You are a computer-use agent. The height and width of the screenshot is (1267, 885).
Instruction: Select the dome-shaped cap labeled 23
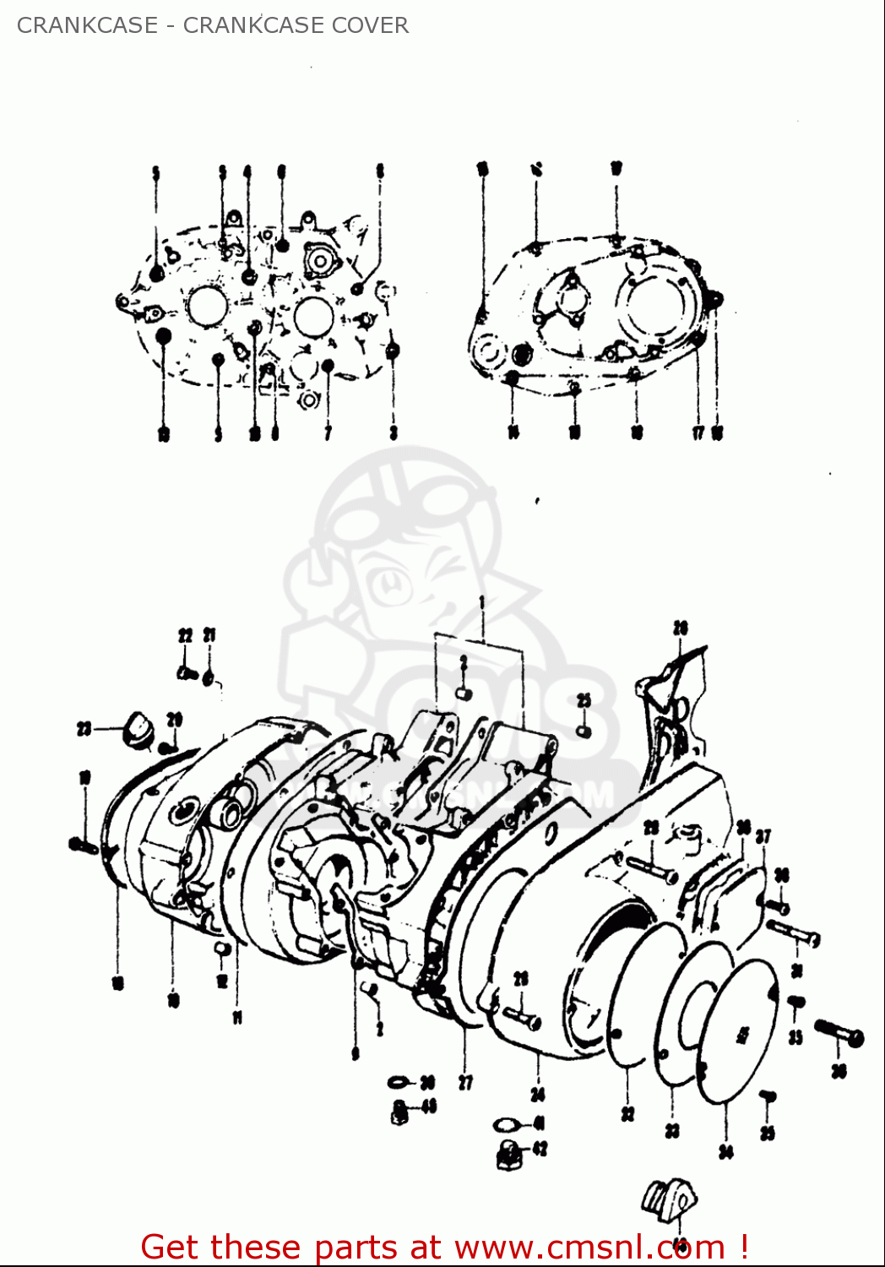(137, 728)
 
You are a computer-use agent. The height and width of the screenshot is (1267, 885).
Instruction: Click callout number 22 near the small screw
(185, 636)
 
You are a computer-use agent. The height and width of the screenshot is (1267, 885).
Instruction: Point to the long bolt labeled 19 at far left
(83, 843)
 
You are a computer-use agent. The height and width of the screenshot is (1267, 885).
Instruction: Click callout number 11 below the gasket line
(237, 1018)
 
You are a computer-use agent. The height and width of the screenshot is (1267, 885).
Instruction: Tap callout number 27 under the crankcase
(465, 1082)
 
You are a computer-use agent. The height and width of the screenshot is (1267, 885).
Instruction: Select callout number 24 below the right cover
(538, 1095)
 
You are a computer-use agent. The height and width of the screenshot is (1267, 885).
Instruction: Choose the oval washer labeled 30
(399, 1082)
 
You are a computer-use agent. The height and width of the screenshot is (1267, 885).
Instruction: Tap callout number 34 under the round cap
(726, 1150)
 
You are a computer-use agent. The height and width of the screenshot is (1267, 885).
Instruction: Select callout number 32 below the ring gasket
(627, 1115)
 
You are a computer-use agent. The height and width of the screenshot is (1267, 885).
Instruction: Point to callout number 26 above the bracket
(681, 628)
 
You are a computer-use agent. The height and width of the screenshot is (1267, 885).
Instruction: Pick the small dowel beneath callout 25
(584, 731)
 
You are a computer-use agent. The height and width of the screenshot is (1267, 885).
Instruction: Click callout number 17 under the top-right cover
(698, 433)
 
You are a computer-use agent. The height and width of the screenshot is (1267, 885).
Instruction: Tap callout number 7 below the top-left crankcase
(328, 433)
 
